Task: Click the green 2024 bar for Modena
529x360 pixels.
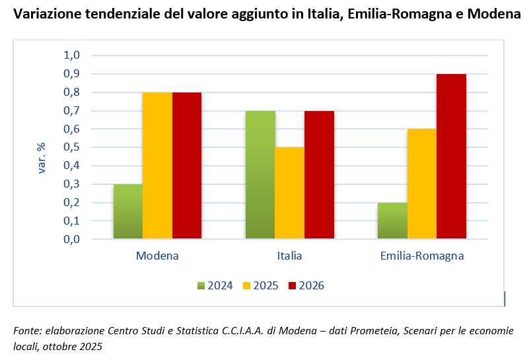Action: click(128, 211)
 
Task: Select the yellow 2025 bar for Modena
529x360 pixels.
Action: click(158, 166)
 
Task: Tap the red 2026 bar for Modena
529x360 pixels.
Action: click(187, 166)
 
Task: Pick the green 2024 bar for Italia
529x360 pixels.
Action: click(260, 175)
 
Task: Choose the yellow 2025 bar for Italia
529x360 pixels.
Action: click(290, 193)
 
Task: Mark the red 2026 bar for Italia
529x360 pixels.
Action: click(319, 175)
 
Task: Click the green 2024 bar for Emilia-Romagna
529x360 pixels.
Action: click(392, 221)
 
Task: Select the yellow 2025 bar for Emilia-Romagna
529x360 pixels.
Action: click(422, 184)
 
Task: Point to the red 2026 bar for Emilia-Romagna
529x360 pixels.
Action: click(452, 156)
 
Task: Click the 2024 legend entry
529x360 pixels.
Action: click(215, 286)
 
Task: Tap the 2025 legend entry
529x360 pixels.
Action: click(260, 286)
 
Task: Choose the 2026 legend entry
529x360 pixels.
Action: click(306, 286)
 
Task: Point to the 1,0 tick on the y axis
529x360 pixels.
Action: click(71, 55)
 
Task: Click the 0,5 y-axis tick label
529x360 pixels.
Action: click(71, 147)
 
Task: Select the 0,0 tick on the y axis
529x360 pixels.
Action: click(71, 239)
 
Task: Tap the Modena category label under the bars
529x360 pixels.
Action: click(157, 256)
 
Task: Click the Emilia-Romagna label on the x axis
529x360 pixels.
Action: click(422, 256)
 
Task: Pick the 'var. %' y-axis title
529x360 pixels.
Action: click(42, 158)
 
